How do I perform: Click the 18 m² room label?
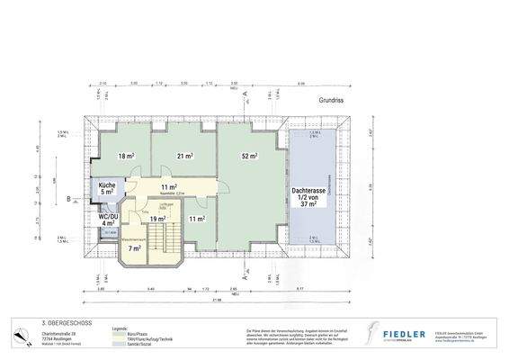126,157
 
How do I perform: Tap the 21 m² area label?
185,157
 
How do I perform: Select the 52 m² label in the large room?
249,157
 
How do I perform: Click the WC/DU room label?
107,218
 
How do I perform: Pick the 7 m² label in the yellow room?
135,247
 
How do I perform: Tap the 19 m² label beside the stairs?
157,219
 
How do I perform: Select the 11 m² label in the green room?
198,219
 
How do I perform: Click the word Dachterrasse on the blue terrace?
310,191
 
